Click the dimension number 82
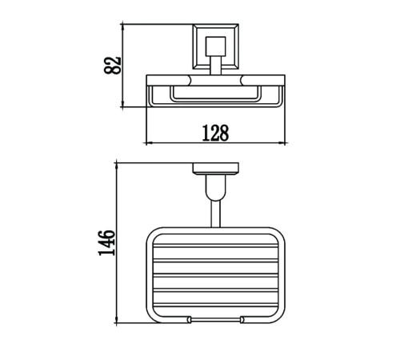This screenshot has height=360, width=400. point(112,65)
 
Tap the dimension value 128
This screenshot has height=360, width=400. point(215,133)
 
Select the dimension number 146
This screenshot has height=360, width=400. point(107,243)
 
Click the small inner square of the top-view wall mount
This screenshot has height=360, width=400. point(215,46)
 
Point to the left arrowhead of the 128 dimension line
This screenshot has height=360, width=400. point(148,143)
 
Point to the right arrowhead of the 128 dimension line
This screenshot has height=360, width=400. point(283,143)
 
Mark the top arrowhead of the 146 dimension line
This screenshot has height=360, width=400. point(117,166)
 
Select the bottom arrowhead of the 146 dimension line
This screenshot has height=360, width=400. point(117,319)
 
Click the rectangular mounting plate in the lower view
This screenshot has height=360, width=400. point(215,169)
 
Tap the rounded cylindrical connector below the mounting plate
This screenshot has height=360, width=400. point(215,188)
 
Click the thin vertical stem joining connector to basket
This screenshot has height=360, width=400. point(215,214)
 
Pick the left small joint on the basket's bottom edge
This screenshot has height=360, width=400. point(189,320)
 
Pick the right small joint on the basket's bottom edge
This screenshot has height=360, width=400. point(242,320)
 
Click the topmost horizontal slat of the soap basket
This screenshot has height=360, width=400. point(215,246)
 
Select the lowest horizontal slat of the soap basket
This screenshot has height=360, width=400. point(215,305)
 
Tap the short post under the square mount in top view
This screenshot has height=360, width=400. point(215,66)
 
